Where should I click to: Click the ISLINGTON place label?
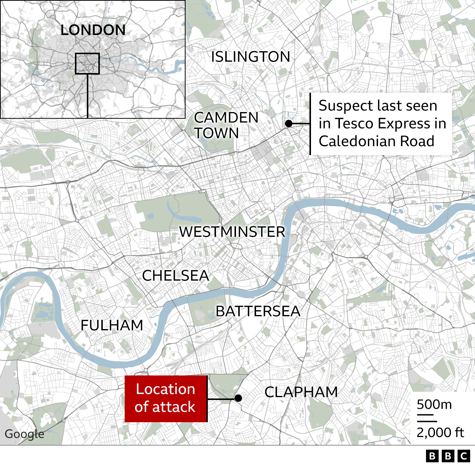point(250,57)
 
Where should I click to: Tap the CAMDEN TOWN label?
point(226,125)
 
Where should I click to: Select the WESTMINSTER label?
point(232,232)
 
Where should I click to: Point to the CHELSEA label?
point(176,276)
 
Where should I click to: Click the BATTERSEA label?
point(258,311)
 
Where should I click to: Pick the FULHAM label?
point(112,325)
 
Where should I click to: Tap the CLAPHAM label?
point(301,392)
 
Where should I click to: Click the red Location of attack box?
point(166,398)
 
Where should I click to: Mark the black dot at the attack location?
point(238,398)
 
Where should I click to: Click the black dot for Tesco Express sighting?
point(289,124)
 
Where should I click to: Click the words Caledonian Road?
point(376,141)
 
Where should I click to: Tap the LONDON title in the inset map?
point(93,30)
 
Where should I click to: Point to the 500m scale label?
point(434,404)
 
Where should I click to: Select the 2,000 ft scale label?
point(440,432)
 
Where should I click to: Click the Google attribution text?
point(24,434)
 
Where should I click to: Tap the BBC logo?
point(448,456)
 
